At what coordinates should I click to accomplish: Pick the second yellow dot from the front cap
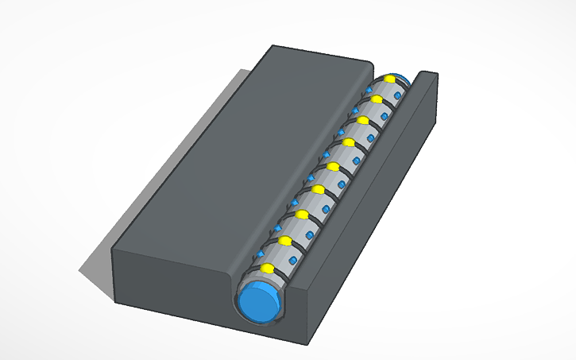(x=284, y=239)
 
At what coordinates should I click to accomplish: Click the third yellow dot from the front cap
(x=301, y=214)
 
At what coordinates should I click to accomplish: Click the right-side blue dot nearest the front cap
(x=293, y=260)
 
